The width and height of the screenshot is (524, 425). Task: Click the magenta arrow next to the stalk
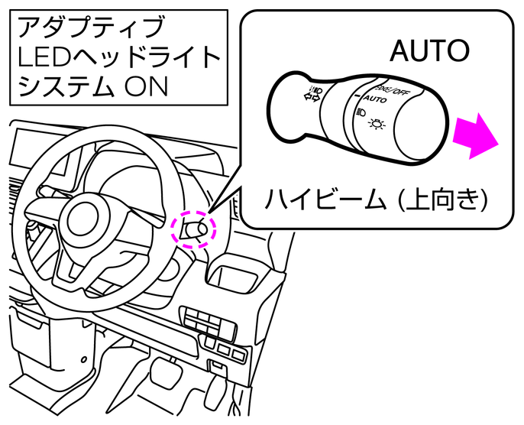tap(475, 135)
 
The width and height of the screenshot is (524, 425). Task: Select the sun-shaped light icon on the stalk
tap(379, 124)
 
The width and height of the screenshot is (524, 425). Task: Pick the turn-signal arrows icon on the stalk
tap(313, 96)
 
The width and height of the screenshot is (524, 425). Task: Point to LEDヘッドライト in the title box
tap(118, 57)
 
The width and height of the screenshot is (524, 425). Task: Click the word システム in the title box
tap(57, 86)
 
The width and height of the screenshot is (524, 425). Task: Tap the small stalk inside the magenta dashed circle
tap(195, 229)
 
